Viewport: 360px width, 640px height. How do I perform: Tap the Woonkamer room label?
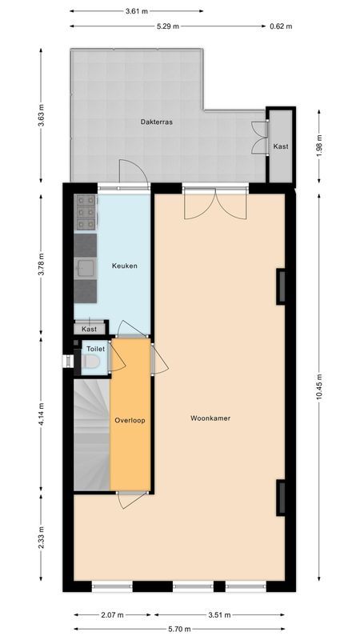(x=210, y=418)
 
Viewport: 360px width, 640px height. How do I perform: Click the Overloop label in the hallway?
(x=130, y=420)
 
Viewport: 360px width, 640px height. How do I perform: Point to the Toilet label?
(x=95, y=349)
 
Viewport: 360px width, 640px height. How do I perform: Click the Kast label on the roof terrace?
(x=281, y=146)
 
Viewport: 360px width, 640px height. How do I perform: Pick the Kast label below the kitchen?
(x=90, y=329)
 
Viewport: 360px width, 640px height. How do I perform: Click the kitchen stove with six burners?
(x=86, y=214)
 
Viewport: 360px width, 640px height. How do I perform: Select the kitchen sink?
(x=84, y=267)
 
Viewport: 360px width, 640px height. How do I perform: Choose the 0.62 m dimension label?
(x=281, y=26)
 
